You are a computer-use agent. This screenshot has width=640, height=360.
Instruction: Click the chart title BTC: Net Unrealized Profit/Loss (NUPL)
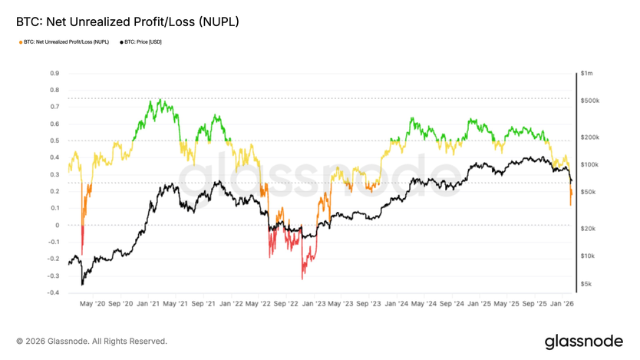(x=127, y=22)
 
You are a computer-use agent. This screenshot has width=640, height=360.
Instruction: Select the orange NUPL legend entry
(x=66, y=41)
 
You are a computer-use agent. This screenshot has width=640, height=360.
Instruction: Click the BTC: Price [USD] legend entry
(x=143, y=41)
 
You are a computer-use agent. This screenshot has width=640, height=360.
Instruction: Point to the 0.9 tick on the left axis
(x=54, y=74)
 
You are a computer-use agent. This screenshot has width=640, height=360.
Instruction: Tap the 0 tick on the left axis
(x=57, y=226)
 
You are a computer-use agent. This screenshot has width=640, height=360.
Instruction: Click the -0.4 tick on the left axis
(x=54, y=293)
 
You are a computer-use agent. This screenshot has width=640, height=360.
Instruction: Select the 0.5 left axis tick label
(x=54, y=141)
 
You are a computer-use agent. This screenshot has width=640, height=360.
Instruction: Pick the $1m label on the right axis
(x=587, y=74)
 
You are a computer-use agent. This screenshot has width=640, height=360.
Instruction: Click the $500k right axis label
(x=589, y=101)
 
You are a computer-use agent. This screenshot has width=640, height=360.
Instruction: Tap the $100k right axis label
(x=589, y=165)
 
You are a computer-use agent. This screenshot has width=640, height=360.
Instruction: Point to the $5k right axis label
(x=586, y=284)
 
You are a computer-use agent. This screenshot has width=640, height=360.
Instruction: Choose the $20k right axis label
(x=588, y=229)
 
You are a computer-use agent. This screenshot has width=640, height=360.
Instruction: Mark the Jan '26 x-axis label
(x=562, y=304)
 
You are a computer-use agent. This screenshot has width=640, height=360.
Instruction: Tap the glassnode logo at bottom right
(x=583, y=340)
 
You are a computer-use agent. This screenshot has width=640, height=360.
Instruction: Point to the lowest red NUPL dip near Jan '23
(x=302, y=278)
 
